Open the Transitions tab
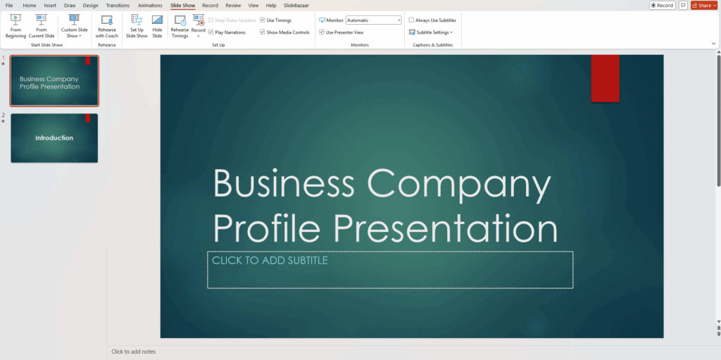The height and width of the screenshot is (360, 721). pyautogui.click(x=118, y=6)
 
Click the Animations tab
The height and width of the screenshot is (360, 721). pyautogui.click(x=150, y=6)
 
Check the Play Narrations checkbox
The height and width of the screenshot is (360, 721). pyautogui.click(x=211, y=32)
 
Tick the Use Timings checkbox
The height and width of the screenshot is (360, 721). pyautogui.click(x=263, y=20)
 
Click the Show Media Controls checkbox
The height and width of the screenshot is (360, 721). pyautogui.click(x=263, y=32)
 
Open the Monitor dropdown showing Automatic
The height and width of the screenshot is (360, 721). pyautogui.click(x=373, y=20)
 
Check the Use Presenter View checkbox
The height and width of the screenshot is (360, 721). pyautogui.click(x=322, y=32)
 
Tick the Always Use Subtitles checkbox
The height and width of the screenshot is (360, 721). pyautogui.click(x=411, y=20)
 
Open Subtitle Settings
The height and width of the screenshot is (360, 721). pyautogui.click(x=430, y=32)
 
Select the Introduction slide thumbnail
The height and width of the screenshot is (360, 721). pyautogui.click(x=54, y=138)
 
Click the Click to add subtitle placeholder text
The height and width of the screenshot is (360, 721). pyautogui.click(x=270, y=261)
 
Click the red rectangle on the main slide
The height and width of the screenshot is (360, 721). pyautogui.click(x=605, y=77)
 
